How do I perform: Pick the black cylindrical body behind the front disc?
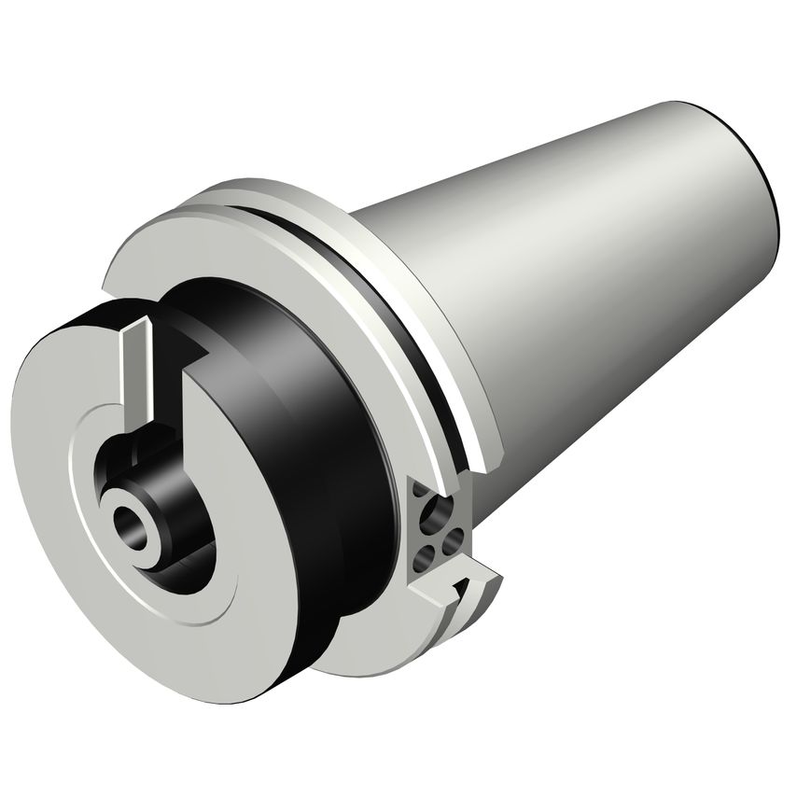pyautogui.click(x=308, y=392)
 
